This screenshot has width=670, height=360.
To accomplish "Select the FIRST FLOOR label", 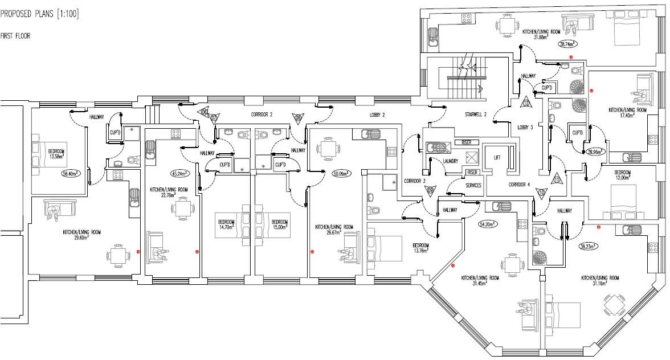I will tap(15, 36).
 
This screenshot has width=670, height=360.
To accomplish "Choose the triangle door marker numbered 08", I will tap(298, 118).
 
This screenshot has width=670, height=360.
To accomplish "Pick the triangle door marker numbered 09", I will tap(430, 190).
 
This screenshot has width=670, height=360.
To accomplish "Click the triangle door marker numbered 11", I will tap(557, 179).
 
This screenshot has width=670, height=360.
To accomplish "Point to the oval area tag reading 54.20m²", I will tap(488, 224).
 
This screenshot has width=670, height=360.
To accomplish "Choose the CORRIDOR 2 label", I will tap(262, 114).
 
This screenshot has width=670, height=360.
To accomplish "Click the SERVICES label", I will tap(473, 186).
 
